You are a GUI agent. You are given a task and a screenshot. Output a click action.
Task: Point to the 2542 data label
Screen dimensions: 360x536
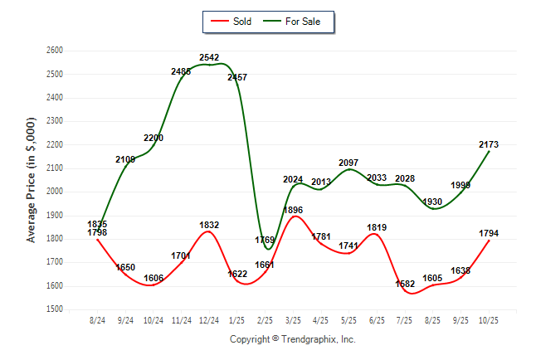pos(209,57)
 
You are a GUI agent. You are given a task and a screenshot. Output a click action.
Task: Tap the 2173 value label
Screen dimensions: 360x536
pos(489,144)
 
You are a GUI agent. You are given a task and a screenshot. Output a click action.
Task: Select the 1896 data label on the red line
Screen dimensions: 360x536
pos(293,210)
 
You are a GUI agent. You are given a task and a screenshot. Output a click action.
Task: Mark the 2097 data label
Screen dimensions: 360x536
pos(348,162)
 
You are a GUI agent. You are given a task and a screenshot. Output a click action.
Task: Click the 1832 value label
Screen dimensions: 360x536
pos(209,225)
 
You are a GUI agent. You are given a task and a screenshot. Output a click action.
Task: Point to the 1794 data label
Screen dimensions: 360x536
pos(489,233)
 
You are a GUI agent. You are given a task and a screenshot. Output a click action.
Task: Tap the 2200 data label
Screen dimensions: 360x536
pos(153,138)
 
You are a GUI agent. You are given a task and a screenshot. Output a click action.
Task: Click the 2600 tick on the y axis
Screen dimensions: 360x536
pos(55,51)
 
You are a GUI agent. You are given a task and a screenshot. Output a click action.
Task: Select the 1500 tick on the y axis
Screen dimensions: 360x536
pos(55,309)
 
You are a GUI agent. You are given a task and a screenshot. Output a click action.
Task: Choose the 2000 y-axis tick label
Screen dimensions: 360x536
pos(55,192)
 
